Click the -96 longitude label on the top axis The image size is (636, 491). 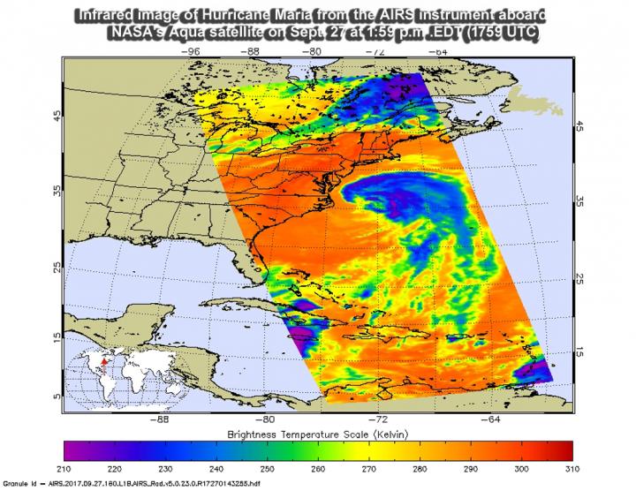[189, 51]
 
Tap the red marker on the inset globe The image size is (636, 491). [102, 362]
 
